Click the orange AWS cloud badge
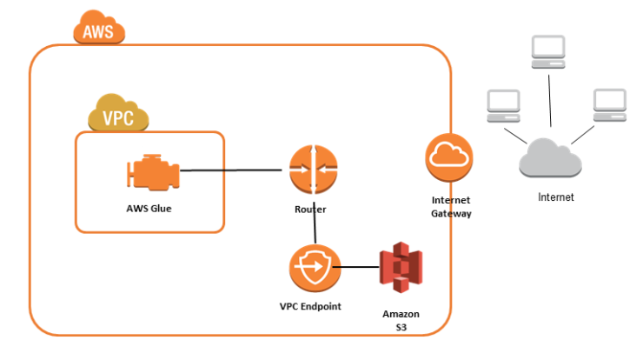coord(99,27)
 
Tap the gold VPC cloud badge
coord(118,113)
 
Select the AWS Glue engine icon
coord(154,172)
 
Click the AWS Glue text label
coord(149,209)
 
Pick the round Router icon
coord(314,169)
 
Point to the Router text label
coord(310,210)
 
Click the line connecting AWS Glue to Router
coord(231,170)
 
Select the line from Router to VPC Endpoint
coord(315,223)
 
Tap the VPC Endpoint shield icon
coord(315,268)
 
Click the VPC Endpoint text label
coord(310,306)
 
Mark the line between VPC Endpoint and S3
coord(356,267)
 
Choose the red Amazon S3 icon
coord(401,267)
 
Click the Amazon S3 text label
coord(401,321)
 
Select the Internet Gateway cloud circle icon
coord(449,157)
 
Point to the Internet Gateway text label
coord(451,206)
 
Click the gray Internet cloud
coord(550,158)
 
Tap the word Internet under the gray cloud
coord(556,197)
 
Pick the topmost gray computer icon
coord(548,51)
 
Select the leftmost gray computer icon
coord(504,106)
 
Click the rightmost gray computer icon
coord(610,105)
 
